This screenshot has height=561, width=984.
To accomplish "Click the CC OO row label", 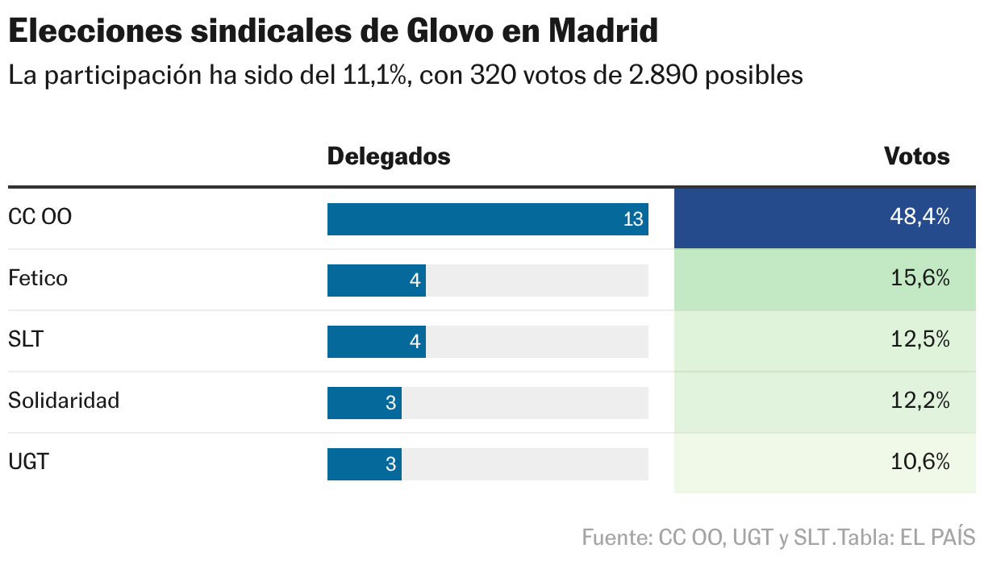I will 40,218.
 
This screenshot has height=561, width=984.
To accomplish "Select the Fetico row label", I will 38,279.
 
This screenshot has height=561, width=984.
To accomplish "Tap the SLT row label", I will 26,340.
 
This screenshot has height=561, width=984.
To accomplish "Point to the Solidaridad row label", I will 64,401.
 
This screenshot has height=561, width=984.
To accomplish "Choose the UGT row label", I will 28,463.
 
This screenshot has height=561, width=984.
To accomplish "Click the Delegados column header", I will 388,156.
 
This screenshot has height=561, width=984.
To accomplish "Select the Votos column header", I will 917,156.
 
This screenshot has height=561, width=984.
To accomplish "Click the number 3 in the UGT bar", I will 391,464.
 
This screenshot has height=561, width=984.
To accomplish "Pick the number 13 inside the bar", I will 633,219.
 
